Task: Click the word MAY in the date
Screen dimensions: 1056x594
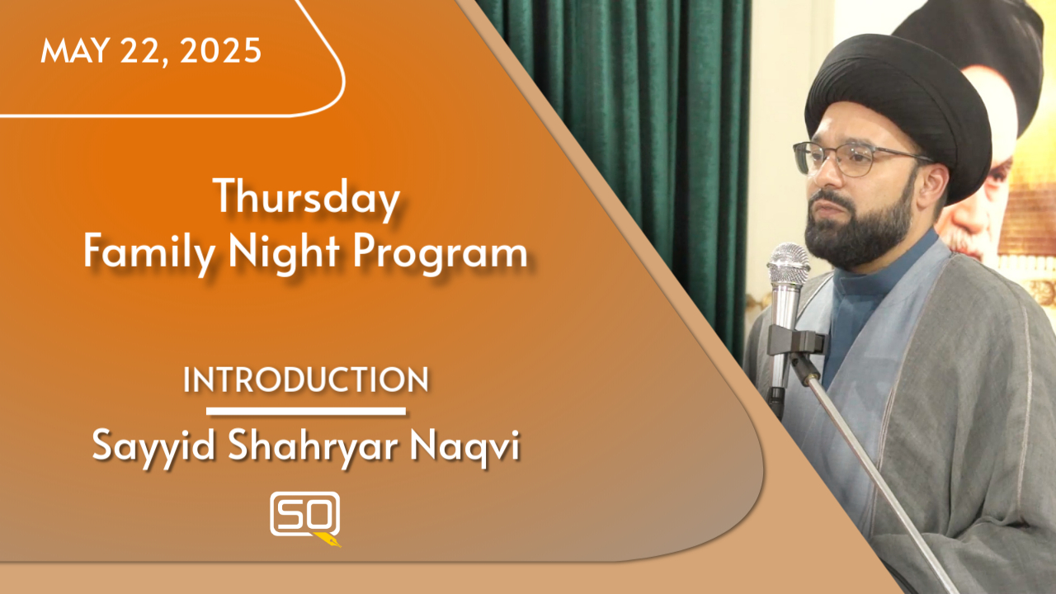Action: point(75,50)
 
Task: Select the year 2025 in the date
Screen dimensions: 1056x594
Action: point(220,50)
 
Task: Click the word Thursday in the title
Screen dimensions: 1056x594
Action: point(306,199)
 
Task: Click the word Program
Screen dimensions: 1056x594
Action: point(440,255)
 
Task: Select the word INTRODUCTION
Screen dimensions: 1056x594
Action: point(306,379)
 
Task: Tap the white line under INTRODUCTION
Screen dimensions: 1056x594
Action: point(306,412)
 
